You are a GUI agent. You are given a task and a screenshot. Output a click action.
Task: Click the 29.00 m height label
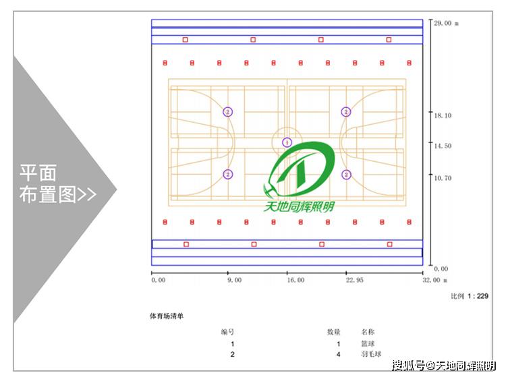pyautogui.click(x=446, y=23)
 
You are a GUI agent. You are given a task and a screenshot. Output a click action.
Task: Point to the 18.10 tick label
pyautogui.click(x=443, y=115)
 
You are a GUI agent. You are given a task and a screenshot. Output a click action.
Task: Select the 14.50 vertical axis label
pyautogui.click(x=443, y=146)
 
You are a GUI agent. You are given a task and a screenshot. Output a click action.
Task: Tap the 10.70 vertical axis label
pyautogui.click(x=443, y=177)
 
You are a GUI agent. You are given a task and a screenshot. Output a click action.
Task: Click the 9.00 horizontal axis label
pyautogui.click(x=234, y=280)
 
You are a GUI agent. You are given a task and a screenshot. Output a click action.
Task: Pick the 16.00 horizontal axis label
pyautogui.click(x=296, y=280)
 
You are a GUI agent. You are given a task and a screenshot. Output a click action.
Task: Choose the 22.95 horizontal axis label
pyautogui.click(x=355, y=280)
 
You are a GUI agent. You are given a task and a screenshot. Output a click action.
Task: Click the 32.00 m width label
pyautogui.click(x=435, y=280)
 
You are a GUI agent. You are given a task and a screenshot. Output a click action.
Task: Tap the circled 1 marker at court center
pyautogui.click(x=287, y=142)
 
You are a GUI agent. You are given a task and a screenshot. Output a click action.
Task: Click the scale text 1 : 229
pyautogui.click(x=478, y=296)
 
